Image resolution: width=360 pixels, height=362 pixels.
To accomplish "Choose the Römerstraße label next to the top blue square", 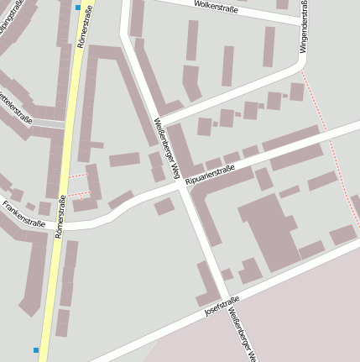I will point(81,29).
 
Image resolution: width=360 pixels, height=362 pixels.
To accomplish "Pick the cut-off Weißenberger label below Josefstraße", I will point(245,339).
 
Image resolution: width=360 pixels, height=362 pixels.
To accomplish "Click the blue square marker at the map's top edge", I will point(78,8).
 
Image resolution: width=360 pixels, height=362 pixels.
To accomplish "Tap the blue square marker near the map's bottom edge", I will point(36,349).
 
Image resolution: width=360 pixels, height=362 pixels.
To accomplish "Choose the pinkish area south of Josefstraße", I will point(285,319).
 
